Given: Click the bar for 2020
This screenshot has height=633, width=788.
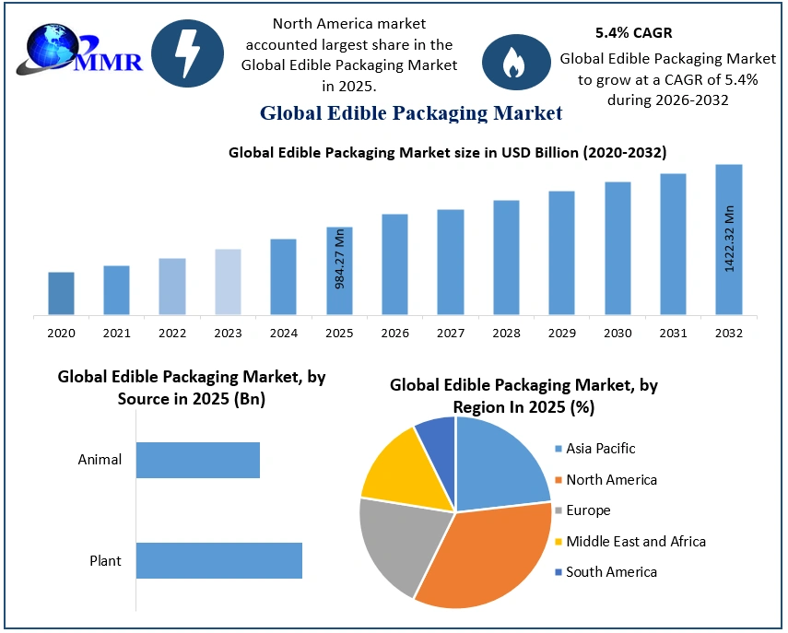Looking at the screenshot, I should pos(62,293).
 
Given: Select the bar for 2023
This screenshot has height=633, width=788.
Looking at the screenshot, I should pos(228,282).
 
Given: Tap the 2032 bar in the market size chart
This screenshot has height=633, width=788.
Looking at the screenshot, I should pos(728,240).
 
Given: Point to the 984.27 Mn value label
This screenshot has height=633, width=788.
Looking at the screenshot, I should pos(339,258).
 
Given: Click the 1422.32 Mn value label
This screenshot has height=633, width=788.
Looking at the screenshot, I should pos(729,238).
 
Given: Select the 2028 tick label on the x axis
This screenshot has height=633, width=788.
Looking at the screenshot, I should pos(506,333).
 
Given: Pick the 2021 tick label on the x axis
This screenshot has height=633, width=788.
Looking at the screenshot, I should pos(117,333).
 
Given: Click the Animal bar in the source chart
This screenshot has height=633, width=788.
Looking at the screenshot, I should pos(198,460).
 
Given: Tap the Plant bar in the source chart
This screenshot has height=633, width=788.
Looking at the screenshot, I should pos(219,560).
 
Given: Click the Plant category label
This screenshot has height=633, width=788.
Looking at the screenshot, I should pos(105,560).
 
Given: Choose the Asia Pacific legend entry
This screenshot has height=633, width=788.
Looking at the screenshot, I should pos(601,449).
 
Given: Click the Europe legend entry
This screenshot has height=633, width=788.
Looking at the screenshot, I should pos(588,510).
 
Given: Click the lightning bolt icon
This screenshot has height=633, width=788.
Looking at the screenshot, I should pos(187,53).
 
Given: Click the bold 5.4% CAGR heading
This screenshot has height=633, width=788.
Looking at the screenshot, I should pos(633,32).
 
